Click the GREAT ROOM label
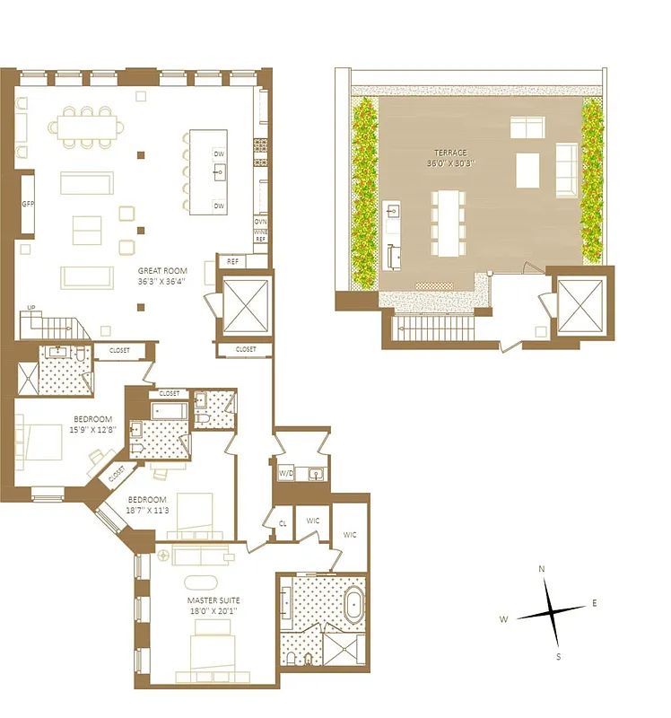pyautogui.click(x=161, y=270)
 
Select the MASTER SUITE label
pyautogui.click(x=213, y=600)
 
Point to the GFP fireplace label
pyautogui.click(x=28, y=204)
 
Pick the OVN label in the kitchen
pyautogui.click(x=260, y=221)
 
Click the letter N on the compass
pyautogui.click(x=542, y=569)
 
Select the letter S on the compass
pyautogui.click(x=558, y=657)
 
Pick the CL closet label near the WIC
pyautogui.click(x=283, y=522)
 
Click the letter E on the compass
pyautogui.click(x=594, y=603)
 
